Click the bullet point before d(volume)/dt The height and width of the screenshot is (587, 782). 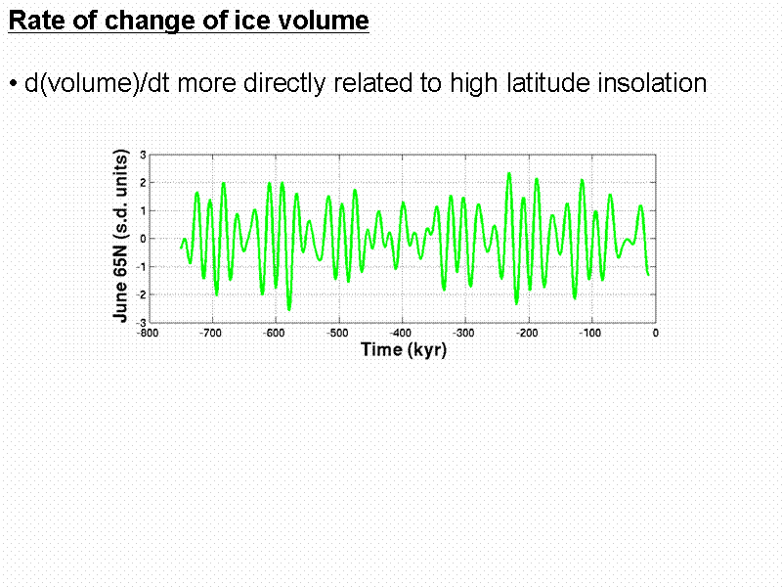coord(14,84)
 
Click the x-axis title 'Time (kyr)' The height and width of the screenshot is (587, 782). coord(403,349)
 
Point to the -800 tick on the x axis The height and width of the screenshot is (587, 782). coord(148,333)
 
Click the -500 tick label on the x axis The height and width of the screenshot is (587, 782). coord(337,333)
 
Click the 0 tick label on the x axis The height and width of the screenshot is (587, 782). coord(655,333)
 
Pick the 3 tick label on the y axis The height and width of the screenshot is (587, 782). coord(143,155)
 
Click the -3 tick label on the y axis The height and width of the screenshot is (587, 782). coord(141,322)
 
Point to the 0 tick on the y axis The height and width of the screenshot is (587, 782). coord(143,239)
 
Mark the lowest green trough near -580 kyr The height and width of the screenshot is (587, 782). coord(288,309)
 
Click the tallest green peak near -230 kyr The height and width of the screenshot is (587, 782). coord(509,173)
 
